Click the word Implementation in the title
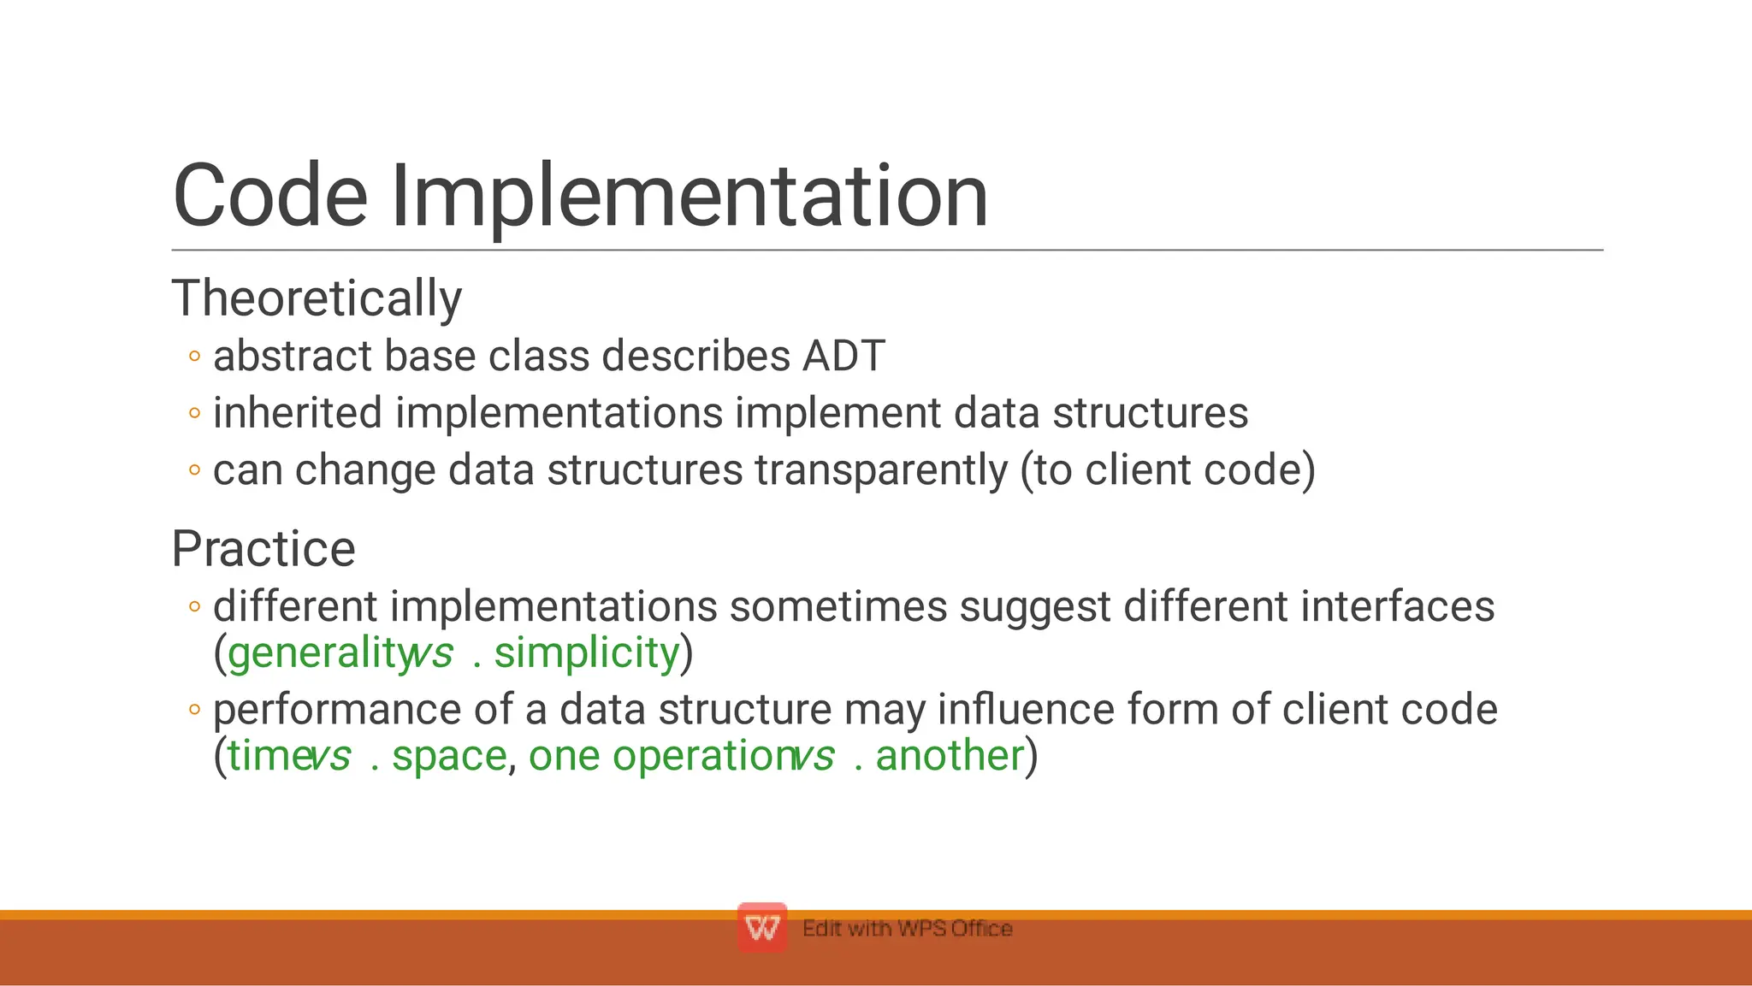click(x=689, y=197)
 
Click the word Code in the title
click(x=270, y=197)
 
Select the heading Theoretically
click(x=317, y=298)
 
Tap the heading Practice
click(x=263, y=548)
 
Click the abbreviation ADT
click(x=843, y=356)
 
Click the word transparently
click(x=881, y=470)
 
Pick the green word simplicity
click(x=587, y=653)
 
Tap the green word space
click(x=449, y=756)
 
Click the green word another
click(x=950, y=756)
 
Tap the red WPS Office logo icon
click(x=762, y=928)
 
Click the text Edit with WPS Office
click(x=907, y=929)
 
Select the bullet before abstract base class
click(x=195, y=357)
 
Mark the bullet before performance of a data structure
click(x=195, y=710)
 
